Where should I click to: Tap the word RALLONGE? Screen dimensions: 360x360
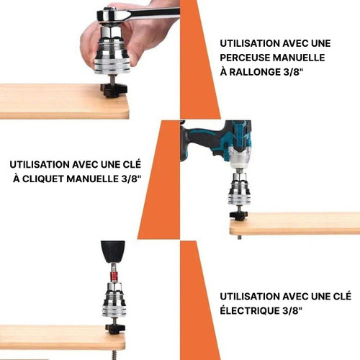point(253,72)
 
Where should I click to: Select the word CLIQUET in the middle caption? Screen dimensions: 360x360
point(43,179)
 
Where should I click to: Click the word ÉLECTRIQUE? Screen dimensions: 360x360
point(249,311)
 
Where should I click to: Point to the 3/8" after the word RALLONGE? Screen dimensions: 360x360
point(291,72)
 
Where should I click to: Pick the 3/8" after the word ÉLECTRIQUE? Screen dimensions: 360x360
point(292,310)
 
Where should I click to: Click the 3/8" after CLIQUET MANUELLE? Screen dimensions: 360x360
point(130,179)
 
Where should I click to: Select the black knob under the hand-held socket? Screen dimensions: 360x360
point(114,90)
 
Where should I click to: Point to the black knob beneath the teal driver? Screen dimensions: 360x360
point(240,215)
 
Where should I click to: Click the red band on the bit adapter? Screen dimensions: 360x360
point(113,277)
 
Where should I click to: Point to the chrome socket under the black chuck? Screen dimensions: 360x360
point(114,300)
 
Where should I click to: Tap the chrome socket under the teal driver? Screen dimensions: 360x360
point(240,189)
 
